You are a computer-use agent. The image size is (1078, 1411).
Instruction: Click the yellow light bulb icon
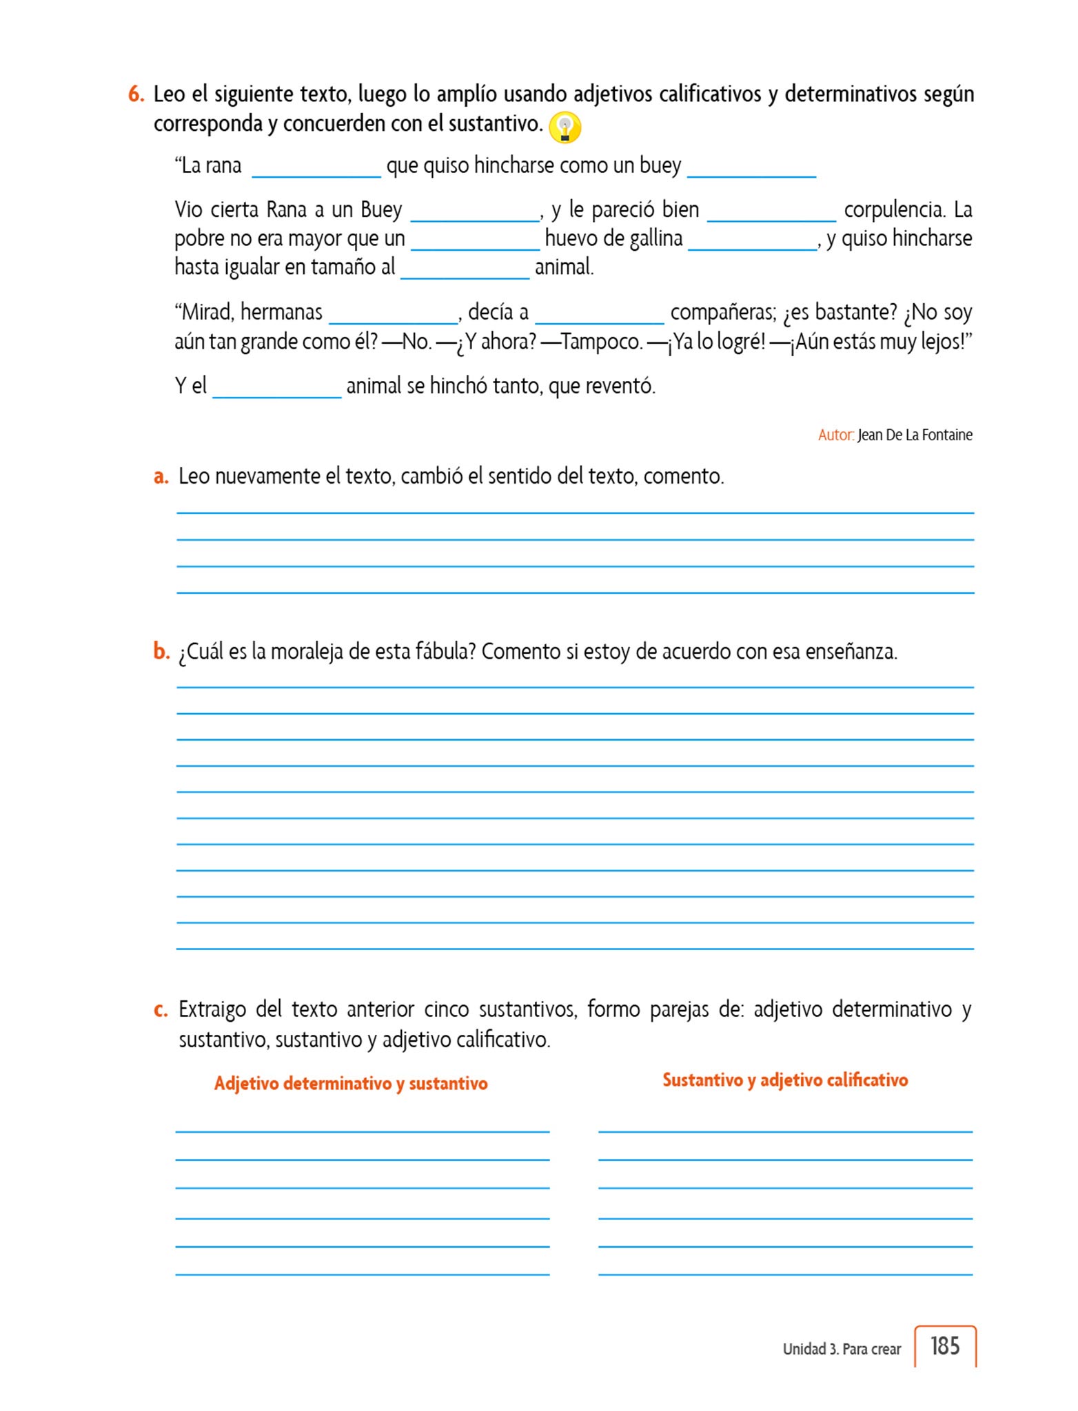(x=565, y=127)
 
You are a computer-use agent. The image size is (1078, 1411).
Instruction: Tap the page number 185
(x=944, y=1345)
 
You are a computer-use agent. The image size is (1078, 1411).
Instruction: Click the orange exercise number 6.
(x=136, y=94)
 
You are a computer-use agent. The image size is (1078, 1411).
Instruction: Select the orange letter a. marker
(x=161, y=476)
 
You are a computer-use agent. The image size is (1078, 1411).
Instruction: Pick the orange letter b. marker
(x=161, y=651)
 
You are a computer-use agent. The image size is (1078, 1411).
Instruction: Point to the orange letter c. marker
(x=161, y=1009)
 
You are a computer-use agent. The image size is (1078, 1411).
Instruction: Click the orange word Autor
(x=835, y=435)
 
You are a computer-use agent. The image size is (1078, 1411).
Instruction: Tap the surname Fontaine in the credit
(x=947, y=435)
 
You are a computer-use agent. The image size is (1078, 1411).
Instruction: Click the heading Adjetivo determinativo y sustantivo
(x=351, y=1083)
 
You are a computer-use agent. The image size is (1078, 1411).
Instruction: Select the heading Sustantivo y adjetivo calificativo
(x=785, y=1080)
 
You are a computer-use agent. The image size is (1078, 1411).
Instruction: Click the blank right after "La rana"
(x=316, y=169)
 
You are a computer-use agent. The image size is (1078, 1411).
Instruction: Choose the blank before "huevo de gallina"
(x=475, y=242)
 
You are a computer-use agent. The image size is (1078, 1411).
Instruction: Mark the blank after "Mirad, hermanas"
(x=394, y=316)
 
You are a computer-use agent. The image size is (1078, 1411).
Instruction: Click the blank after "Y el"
(x=277, y=389)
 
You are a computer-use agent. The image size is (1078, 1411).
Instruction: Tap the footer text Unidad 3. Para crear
(x=842, y=1348)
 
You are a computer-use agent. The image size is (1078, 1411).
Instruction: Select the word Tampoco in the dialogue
(x=602, y=342)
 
